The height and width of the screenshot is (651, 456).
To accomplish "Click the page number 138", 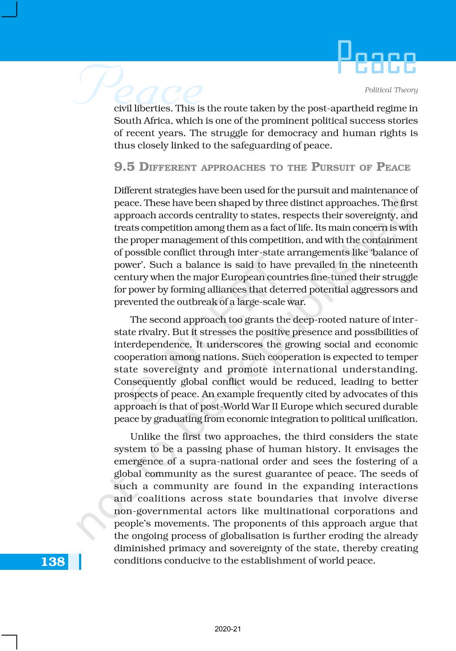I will coord(53,562).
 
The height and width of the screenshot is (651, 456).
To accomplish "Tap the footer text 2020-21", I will coord(228,629).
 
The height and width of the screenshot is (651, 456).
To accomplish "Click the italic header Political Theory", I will coord(391,90).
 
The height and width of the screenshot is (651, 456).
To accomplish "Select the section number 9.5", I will coord(124,167).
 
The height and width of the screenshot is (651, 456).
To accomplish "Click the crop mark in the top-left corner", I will coord(10,10).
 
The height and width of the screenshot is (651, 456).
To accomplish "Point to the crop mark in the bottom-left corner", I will coord(10,641).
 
